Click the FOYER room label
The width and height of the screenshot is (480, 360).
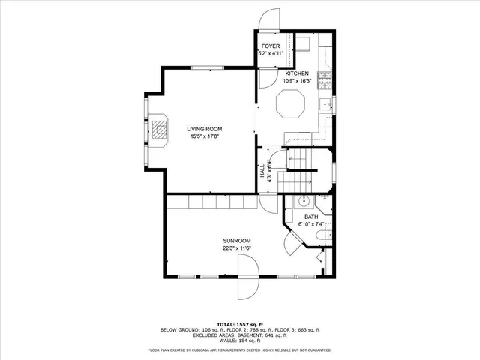tap(271, 46)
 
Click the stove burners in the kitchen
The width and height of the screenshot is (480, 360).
tap(325, 77)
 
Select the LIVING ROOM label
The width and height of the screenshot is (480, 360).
tap(204, 129)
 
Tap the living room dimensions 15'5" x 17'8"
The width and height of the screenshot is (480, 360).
tap(204, 136)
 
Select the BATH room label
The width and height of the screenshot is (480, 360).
tap(311, 217)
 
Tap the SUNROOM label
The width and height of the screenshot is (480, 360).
tap(236, 240)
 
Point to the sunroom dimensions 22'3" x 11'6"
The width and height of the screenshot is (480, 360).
tap(236, 247)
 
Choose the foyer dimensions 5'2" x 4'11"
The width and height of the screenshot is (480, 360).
tap(271, 54)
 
